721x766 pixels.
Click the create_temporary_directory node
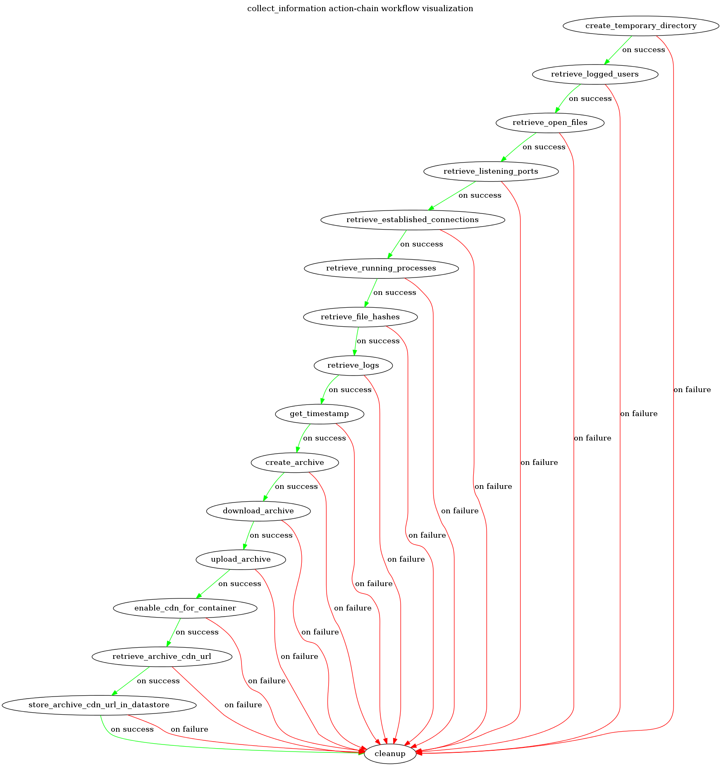tap(640, 26)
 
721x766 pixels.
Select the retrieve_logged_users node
tap(594, 74)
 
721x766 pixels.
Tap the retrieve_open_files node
tap(549, 122)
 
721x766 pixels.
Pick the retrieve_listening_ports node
tap(491, 171)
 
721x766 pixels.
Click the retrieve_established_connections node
tap(412, 220)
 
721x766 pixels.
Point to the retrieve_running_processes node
tap(381, 268)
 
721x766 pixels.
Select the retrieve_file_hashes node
tap(360, 317)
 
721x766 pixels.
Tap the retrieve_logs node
tap(353, 365)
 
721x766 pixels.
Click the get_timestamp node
tap(319, 414)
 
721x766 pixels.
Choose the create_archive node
tap(294, 462)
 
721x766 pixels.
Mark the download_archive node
tap(258, 511)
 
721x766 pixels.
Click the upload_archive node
tap(241, 559)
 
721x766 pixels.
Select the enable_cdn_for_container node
tap(185, 608)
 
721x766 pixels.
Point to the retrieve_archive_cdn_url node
tap(162, 656)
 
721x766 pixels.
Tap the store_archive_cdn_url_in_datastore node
tap(99, 705)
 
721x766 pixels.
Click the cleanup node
tap(390, 754)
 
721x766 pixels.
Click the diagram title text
tap(360, 8)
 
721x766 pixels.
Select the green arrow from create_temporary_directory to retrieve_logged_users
tap(618, 50)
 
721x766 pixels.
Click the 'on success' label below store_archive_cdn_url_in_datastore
tap(132, 729)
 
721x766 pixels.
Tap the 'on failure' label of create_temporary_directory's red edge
tap(692, 390)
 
